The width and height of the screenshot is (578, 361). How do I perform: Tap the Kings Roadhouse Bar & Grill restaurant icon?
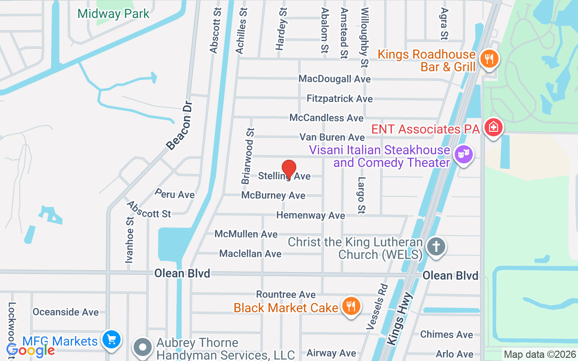pyautogui.click(x=489, y=59)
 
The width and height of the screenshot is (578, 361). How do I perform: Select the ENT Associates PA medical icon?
pyautogui.click(x=494, y=127)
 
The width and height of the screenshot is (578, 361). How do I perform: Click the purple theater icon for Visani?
pyautogui.click(x=464, y=154)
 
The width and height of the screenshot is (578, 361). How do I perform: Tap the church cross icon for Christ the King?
pyautogui.click(x=436, y=247)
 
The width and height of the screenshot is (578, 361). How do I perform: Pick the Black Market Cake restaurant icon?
pyautogui.click(x=350, y=306)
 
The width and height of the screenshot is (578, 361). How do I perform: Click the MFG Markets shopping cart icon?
pyautogui.click(x=112, y=339)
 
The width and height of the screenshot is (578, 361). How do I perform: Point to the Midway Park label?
pyautogui.click(x=113, y=14)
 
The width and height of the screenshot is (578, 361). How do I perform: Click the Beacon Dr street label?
pyautogui.click(x=180, y=125)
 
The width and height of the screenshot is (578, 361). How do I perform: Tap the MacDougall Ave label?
pyautogui.click(x=335, y=79)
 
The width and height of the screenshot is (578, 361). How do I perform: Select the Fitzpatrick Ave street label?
pyautogui.click(x=340, y=98)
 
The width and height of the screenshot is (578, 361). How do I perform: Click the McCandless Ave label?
pyautogui.click(x=326, y=118)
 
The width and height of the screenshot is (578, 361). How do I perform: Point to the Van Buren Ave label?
pyautogui.click(x=332, y=137)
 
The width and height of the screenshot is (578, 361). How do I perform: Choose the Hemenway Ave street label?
pyautogui.click(x=311, y=216)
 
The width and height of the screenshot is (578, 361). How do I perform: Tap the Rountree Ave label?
pyautogui.click(x=286, y=294)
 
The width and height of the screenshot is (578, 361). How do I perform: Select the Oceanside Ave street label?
pyautogui.click(x=65, y=312)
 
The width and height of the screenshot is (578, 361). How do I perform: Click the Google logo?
pyautogui.click(x=31, y=350)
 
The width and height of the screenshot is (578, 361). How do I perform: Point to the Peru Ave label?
pyautogui.click(x=174, y=194)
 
